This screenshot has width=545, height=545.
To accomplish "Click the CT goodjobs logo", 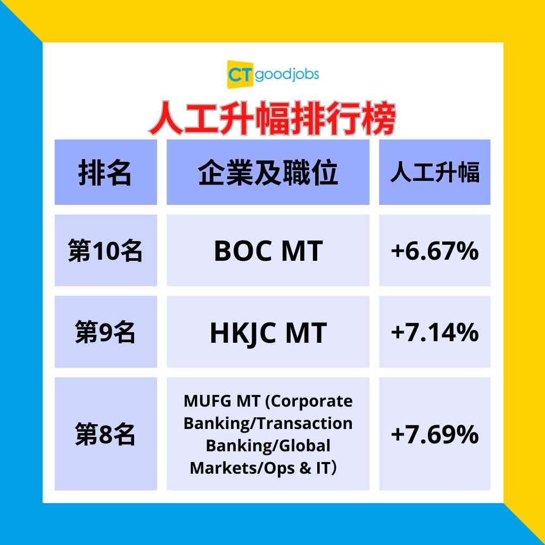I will coord(272,75).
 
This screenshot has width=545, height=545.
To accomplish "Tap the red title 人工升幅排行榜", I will coord(272,120).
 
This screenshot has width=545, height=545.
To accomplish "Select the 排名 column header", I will coord(105,172).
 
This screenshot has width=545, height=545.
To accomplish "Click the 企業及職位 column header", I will coord(268,172).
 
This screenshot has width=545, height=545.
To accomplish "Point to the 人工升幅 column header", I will coord(434,172).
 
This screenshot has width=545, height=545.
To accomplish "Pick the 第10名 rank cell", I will coord(105,251).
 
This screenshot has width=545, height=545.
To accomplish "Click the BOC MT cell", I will coord(268,251).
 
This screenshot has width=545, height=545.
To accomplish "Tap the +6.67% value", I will coord(434,251).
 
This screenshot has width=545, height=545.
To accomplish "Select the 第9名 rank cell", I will coord(105,333).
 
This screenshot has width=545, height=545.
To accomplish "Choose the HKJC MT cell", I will coord(268,333).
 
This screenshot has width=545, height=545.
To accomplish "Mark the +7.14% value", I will coord(434,333).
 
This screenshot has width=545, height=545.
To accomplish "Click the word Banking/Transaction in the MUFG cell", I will coord(268,423).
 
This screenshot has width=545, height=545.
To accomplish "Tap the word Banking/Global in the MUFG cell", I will coord(268,445).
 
